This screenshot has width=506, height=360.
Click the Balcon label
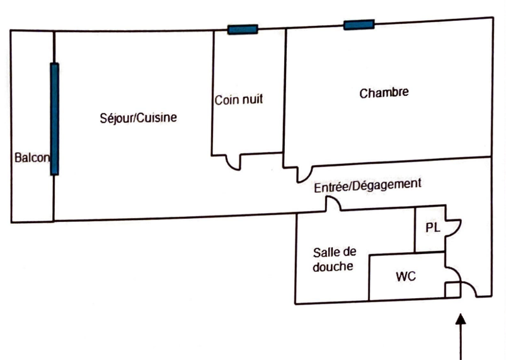tap(31, 158)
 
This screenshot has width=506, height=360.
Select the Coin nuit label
tap(238, 99)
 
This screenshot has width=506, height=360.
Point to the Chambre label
tap(384, 93)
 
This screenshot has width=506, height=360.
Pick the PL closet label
tap(432, 228)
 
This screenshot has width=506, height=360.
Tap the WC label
tap(405, 276)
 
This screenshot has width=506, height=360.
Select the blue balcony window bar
tap(55, 119)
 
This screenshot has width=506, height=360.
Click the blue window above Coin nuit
tap(243, 29)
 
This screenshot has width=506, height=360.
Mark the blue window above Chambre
tap(359, 25)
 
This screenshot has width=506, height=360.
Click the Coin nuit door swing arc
tap(235, 163)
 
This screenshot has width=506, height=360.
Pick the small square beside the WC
tap(452, 291)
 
